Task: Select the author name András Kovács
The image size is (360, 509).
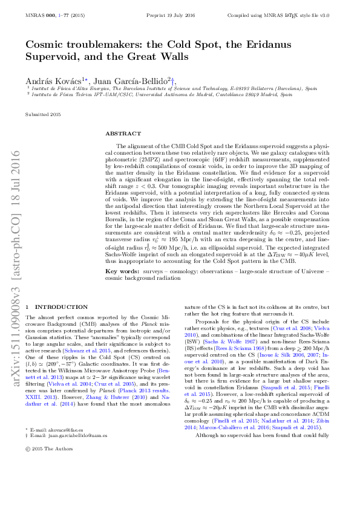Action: click(x=48, y=81)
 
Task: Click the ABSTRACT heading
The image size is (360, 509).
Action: click(x=123, y=133)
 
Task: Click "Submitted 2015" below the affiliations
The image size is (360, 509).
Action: click(x=43, y=114)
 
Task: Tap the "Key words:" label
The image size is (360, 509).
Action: click(x=120, y=273)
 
